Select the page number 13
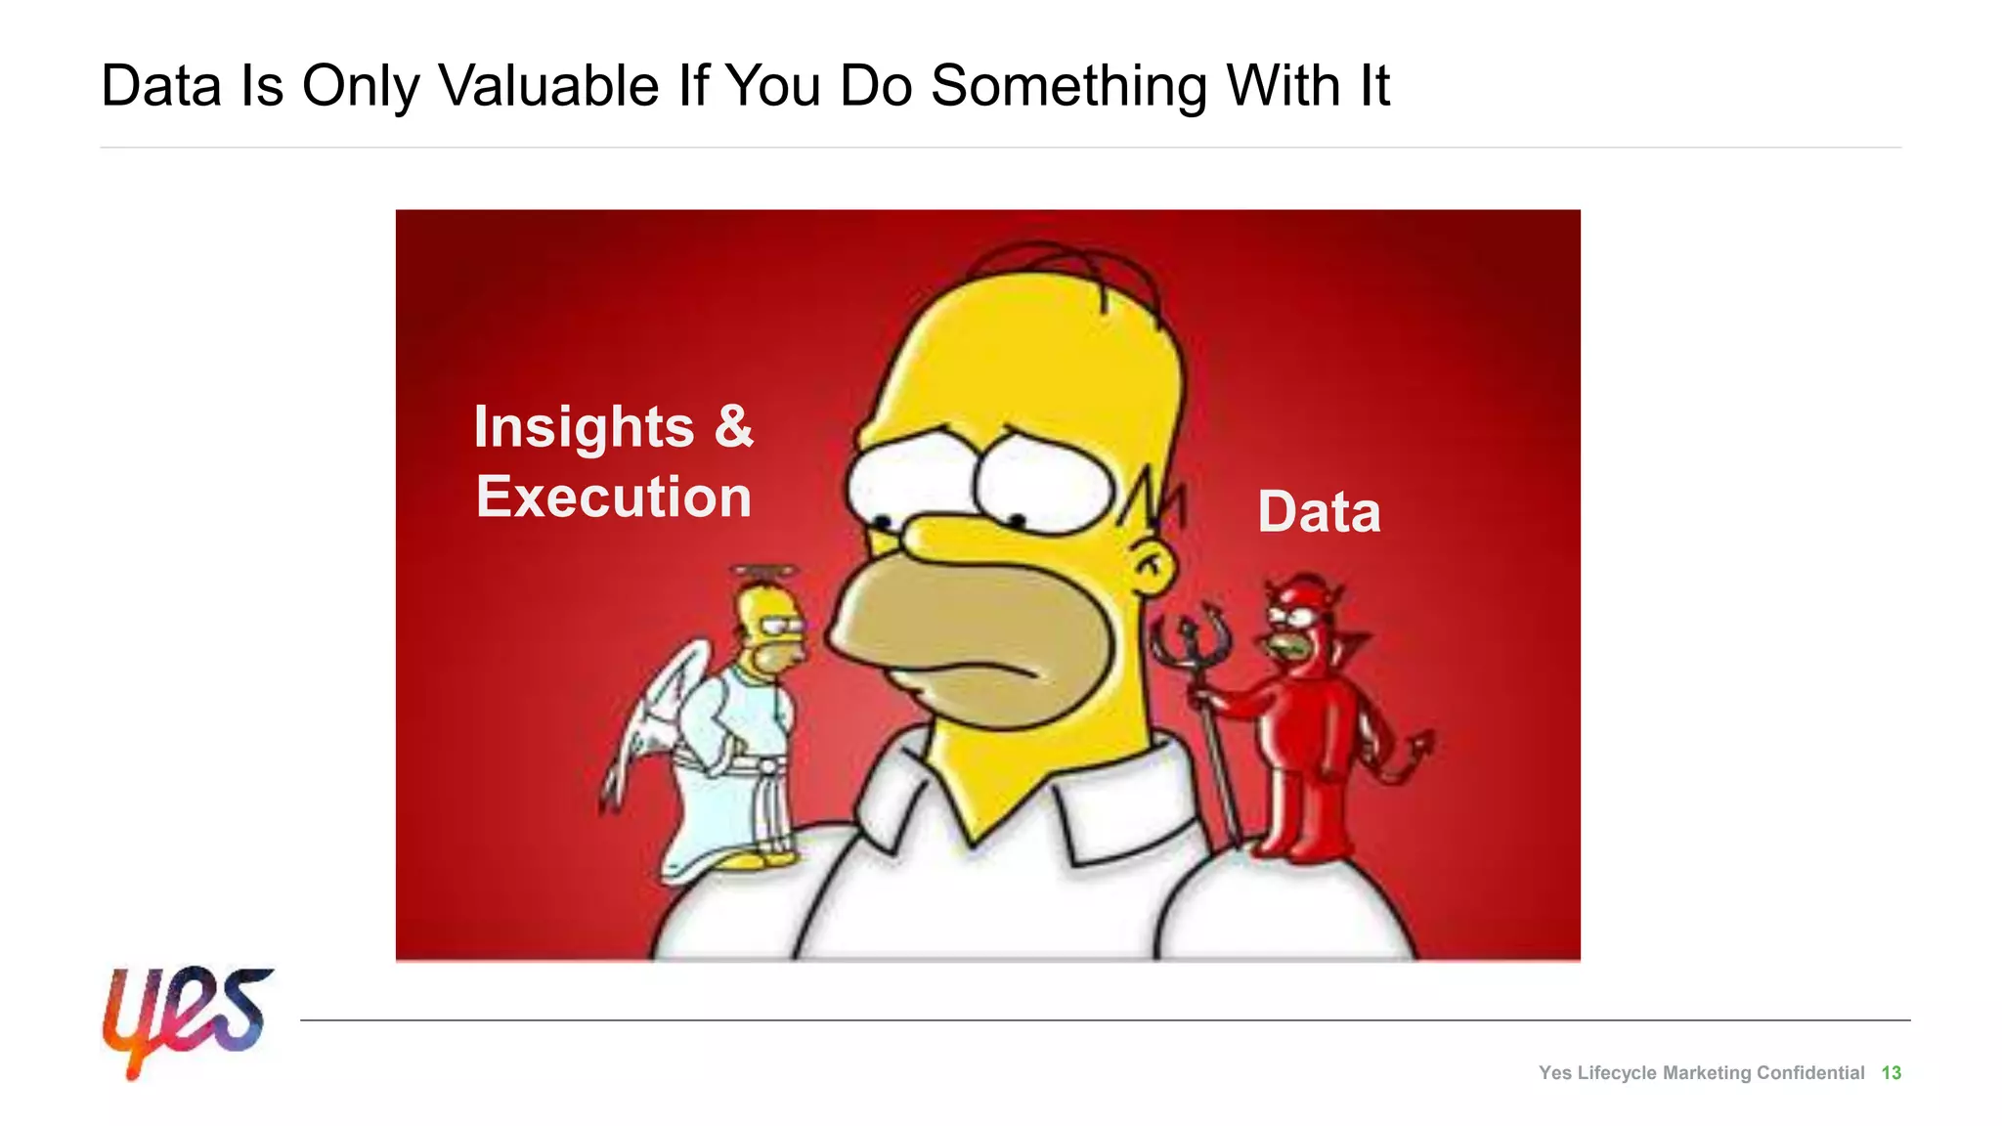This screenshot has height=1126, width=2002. (1891, 1073)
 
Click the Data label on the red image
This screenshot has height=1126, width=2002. (1319, 512)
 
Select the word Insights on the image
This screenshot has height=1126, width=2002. (584, 428)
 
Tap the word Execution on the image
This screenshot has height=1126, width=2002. (614, 498)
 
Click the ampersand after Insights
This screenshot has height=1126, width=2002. (733, 426)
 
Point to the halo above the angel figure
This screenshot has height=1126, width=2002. (765, 571)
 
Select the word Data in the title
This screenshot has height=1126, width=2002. (161, 86)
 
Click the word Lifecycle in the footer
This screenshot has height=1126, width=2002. (1617, 1073)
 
